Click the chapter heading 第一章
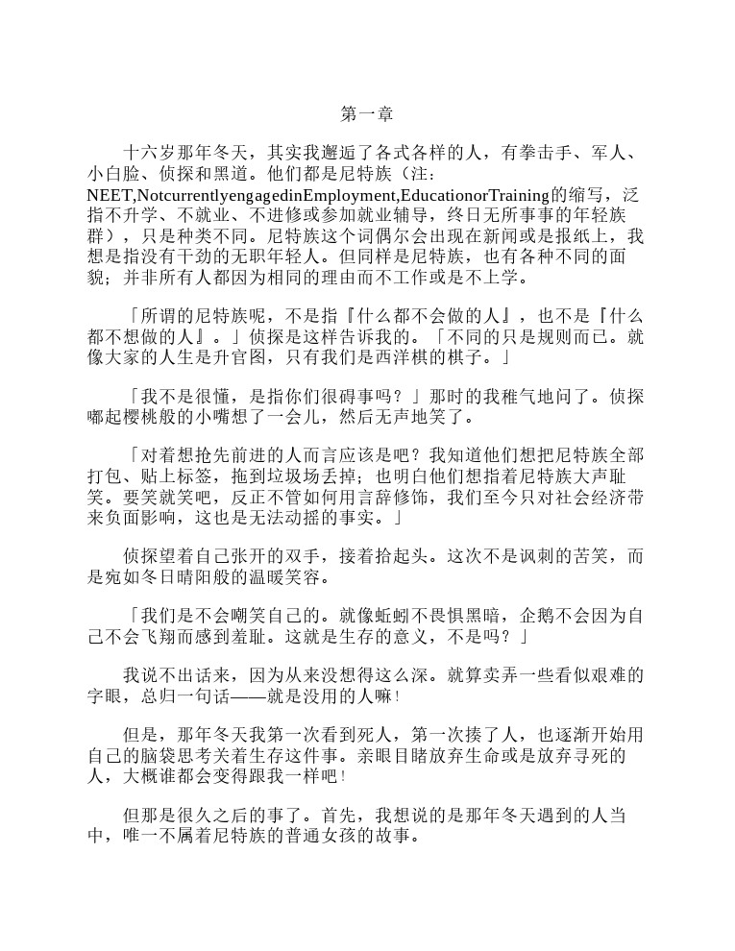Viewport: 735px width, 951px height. click(367, 114)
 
